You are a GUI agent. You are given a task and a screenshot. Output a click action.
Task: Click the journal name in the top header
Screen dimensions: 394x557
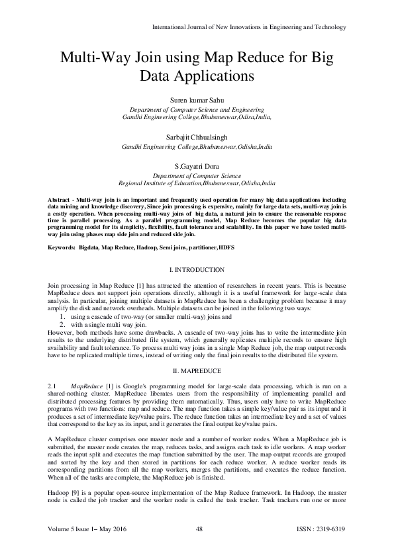click(249, 26)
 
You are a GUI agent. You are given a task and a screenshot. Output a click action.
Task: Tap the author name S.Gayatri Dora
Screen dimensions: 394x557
click(197, 167)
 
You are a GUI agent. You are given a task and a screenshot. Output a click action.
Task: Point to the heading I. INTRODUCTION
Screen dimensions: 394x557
click(197, 270)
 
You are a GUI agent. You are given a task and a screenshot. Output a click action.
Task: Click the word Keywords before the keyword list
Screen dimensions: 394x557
click(64, 248)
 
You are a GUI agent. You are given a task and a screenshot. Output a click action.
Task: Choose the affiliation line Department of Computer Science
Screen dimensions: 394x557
click(197, 177)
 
